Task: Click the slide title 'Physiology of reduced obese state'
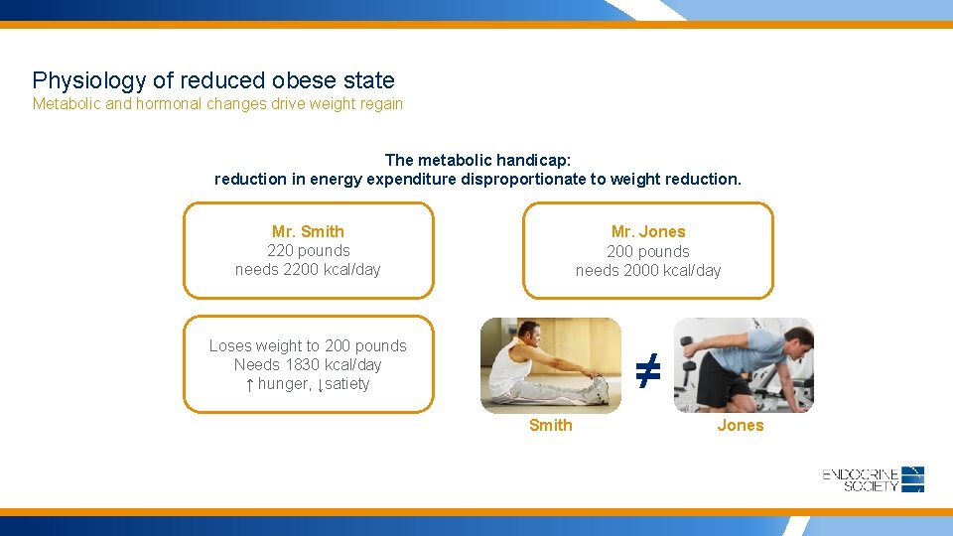(213, 80)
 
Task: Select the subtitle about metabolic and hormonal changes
(217, 104)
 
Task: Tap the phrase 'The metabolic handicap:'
(477, 160)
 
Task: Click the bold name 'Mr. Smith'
(308, 231)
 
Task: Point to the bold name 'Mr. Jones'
(648, 231)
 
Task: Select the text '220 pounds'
(308, 251)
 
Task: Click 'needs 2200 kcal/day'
(308, 270)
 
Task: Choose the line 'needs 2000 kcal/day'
(648, 271)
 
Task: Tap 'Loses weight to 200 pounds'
(308, 345)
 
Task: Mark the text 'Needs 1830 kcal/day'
(308, 364)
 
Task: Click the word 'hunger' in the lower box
(284, 384)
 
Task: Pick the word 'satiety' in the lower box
(346, 384)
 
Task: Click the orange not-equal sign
(647, 371)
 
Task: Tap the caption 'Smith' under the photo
(550, 426)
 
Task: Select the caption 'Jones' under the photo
(741, 426)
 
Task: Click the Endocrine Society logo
(873, 479)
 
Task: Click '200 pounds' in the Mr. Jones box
(648, 252)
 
